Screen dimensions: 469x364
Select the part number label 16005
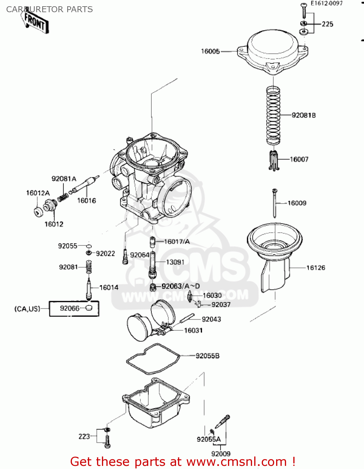click(210, 52)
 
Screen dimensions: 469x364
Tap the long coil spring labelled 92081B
click(273, 116)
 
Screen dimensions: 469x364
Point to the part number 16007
click(299, 159)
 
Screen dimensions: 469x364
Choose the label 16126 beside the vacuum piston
click(316, 268)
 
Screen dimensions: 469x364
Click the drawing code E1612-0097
click(326, 3)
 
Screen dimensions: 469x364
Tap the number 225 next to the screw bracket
click(327, 24)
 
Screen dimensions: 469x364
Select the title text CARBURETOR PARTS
click(49, 9)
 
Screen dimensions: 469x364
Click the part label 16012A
click(38, 193)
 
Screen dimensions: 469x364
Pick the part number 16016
click(87, 201)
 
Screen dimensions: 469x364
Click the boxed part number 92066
click(69, 308)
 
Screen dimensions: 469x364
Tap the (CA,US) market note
click(28, 309)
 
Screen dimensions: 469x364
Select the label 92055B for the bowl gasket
click(207, 356)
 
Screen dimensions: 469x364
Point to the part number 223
click(84, 436)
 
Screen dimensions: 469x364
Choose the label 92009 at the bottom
click(221, 454)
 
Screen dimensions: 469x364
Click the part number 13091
click(175, 262)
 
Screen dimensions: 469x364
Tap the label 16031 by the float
click(193, 330)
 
